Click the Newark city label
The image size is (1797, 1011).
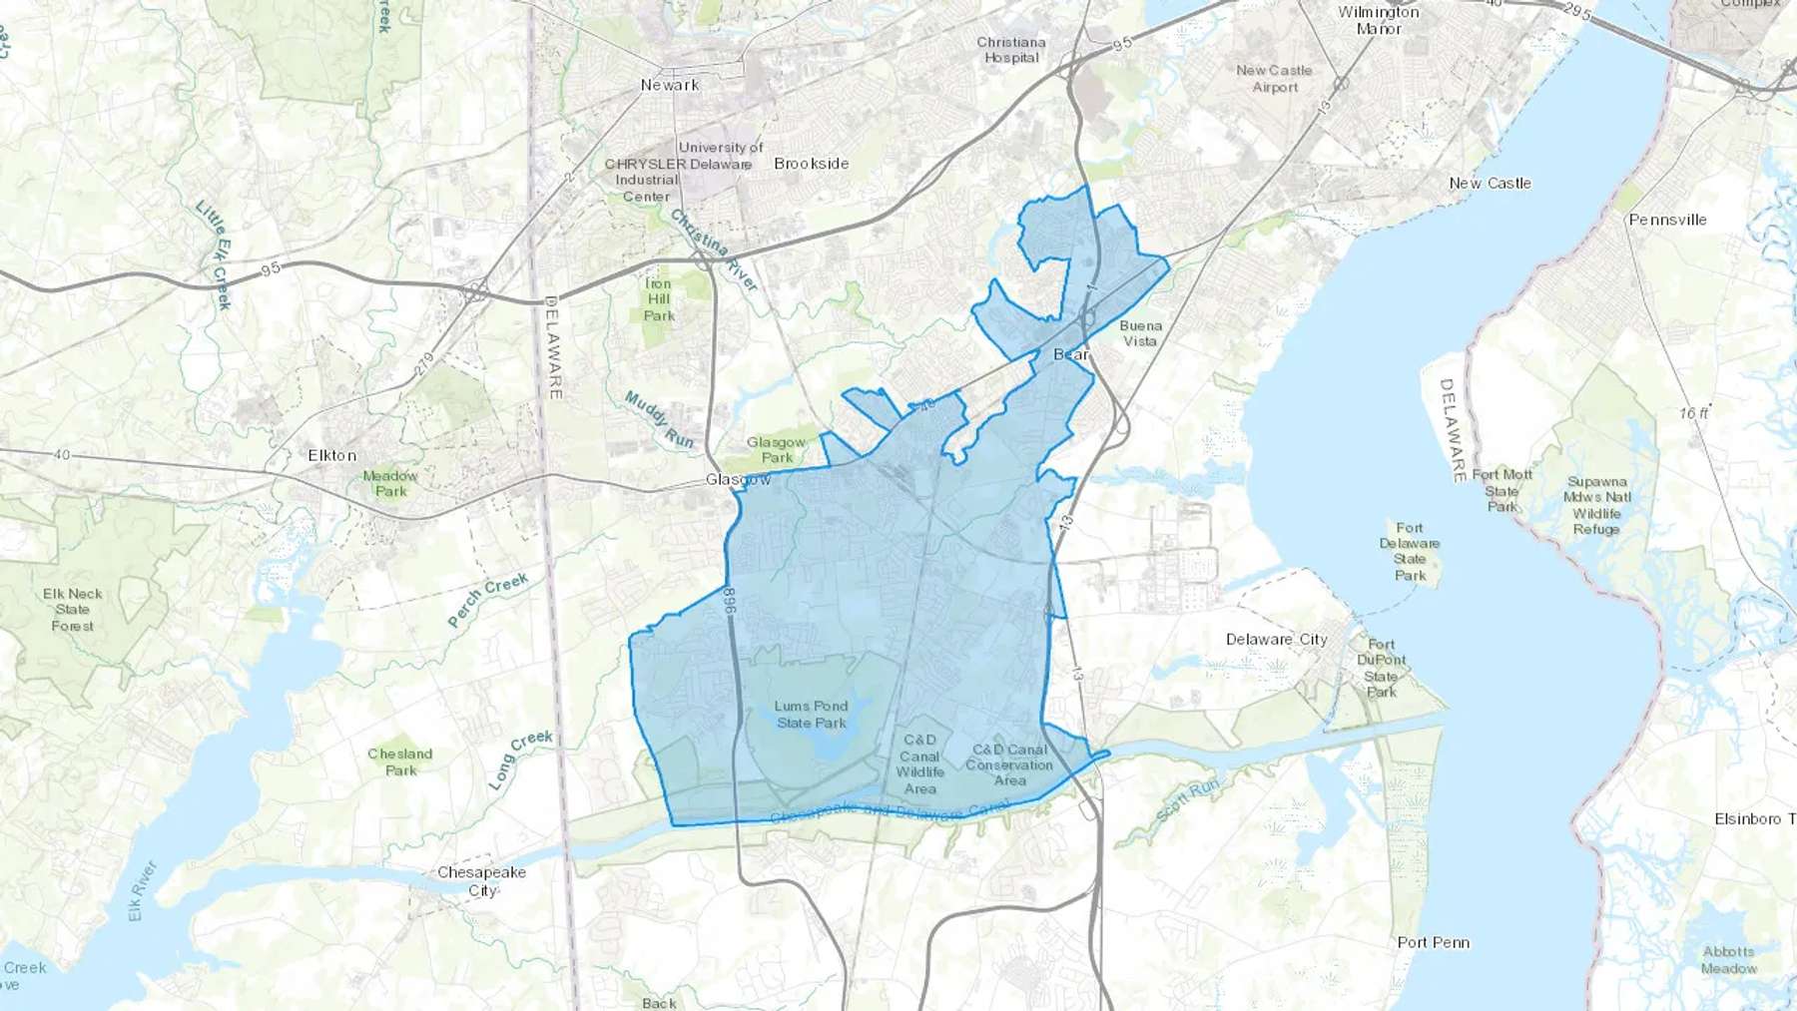point(670,85)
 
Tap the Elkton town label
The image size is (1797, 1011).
point(331,455)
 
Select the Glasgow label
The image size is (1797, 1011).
point(738,479)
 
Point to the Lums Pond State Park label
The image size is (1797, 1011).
point(811,714)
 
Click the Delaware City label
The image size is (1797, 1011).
point(1276,639)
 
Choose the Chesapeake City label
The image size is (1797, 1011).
point(481,880)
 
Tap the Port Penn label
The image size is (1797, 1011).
point(1433,942)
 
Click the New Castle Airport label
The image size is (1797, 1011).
point(1274,79)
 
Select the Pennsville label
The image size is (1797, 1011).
point(1667,220)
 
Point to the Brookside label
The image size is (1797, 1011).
point(811,164)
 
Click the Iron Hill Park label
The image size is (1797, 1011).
point(659,299)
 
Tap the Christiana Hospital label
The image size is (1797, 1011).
point(1011,50)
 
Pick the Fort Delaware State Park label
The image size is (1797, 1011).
point(1410,552)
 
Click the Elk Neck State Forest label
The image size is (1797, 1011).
point(73,610)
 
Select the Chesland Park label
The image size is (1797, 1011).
point(400,761)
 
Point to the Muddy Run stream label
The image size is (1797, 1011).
point(659,419)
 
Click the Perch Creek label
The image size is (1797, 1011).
point(487,601)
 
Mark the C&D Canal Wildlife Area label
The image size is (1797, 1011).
point(919,764)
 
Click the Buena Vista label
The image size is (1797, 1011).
point(1140,333)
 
